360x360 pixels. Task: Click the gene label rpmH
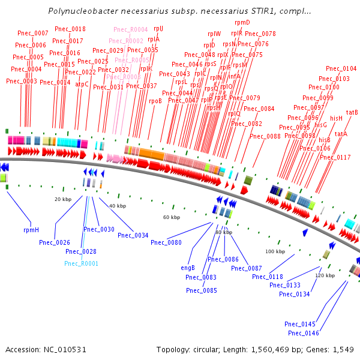tap(31, 229)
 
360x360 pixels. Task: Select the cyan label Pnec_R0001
tap(81, 263)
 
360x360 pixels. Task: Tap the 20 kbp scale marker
tap(62, 199)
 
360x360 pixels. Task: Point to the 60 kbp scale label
tap(172, 217)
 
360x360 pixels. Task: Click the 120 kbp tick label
tap(325, 275)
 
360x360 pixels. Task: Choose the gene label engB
tap(188, 268)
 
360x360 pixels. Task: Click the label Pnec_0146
tap(304, 333)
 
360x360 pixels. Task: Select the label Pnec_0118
tap(268, 277)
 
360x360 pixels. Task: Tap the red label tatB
tap(352, 112)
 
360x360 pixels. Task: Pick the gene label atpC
tap(82, 85)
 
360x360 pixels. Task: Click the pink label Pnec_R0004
tap(130, 29)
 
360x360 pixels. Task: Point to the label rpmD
tap(242, 22)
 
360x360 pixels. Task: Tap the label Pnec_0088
tap(265, 136)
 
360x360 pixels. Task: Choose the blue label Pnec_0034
tap(133, 235)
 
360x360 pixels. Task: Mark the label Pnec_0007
tap(33, 33)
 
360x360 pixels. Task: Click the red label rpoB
tap(155, 101)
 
